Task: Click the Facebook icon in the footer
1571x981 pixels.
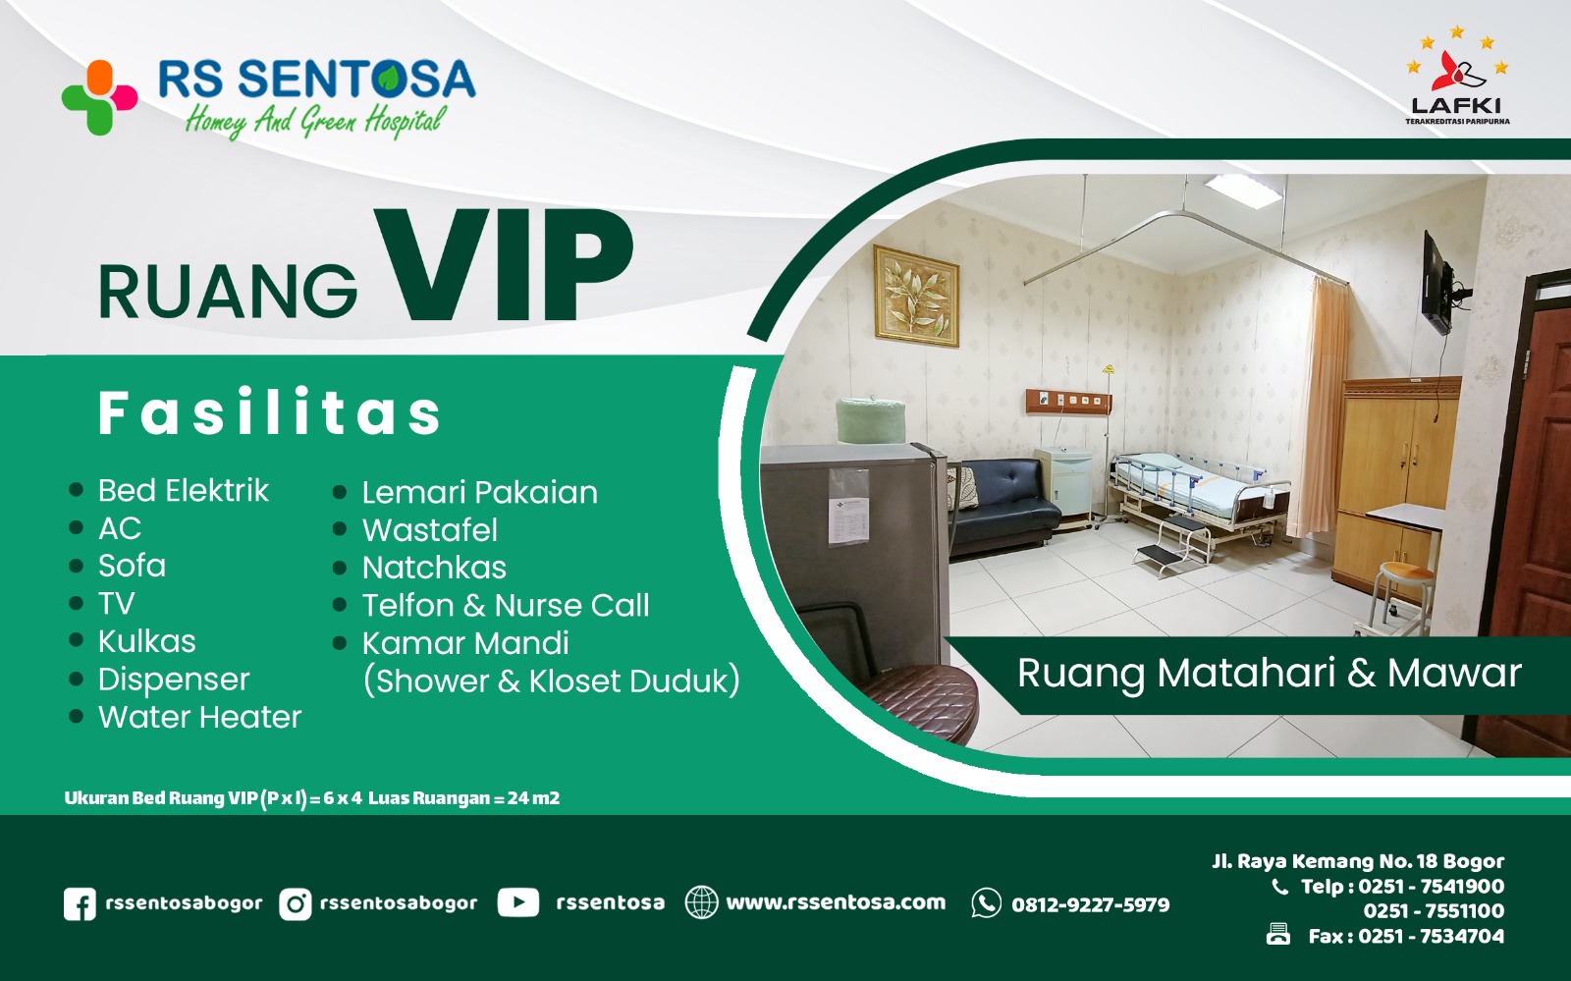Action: [x=80, y=903]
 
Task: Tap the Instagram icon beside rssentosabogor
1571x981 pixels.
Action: [x=295, y=903]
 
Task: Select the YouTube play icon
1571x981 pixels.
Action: [x=518, y=902]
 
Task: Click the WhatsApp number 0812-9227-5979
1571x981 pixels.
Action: [x=1091, y=904]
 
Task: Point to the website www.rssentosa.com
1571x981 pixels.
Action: [x=836, y=902]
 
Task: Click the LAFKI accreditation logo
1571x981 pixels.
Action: [x=1457, y=76]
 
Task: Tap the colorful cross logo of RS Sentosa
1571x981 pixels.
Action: [x=99, y=97]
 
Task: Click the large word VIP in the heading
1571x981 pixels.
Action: [x=504, y=265]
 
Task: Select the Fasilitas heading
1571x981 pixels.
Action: [x=269, y=412]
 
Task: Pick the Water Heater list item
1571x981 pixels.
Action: [x=200, y=717]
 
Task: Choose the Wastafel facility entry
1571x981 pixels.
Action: [x=430, y=530]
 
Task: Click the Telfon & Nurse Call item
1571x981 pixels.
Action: [x=506, y=605]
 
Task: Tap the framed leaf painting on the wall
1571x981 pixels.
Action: [x=916, y=297]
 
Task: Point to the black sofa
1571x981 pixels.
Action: [x=1003, y=507]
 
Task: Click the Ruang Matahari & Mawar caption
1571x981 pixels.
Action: [x=1270, y=674]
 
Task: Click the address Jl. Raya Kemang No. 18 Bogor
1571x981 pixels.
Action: [x=1358, y=861]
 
